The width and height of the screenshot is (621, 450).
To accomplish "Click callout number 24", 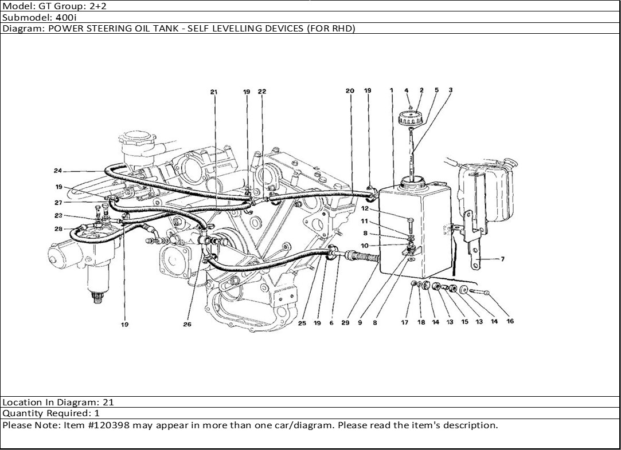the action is point(58,171).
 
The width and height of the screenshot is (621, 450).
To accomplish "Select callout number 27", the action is point(58,203).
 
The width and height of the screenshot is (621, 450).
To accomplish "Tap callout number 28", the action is point(58,228).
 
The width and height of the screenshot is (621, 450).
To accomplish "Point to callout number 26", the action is point(188,324).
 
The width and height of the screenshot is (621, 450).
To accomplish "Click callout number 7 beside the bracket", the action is point(502,259).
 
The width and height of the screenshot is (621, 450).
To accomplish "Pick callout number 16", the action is point(510,321).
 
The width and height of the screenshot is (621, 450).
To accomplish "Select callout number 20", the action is point(350,90).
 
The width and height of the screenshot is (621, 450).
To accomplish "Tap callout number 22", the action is point(262,92).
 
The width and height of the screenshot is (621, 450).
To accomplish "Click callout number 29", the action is point(345,323).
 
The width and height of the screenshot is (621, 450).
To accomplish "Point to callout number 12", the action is point(365,208).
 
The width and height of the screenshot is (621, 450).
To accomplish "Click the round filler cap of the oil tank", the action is point(411,118).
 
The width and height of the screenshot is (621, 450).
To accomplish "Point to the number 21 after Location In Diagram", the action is point(108,402).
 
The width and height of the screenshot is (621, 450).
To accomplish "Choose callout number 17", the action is point(404,322).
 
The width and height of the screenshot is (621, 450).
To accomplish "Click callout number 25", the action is point(302,323).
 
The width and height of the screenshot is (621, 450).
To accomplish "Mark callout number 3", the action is point(451,90).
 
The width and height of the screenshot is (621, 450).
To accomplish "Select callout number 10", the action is point(365,246).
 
